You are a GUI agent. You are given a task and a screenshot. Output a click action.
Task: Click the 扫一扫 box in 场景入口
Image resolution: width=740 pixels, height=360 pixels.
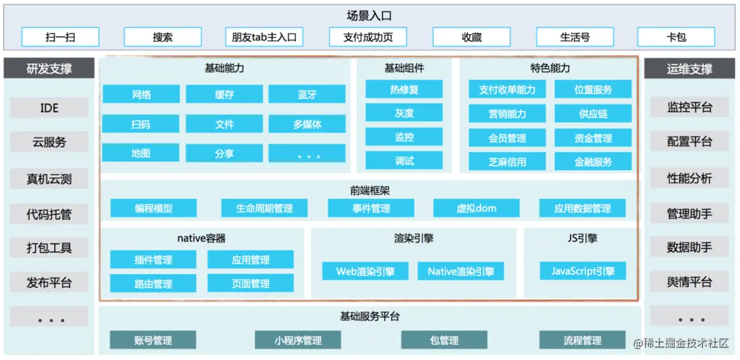60,37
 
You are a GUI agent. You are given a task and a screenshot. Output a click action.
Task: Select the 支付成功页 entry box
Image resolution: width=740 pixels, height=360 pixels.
368,37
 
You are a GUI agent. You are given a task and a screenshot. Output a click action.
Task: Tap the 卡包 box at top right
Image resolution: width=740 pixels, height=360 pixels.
676,37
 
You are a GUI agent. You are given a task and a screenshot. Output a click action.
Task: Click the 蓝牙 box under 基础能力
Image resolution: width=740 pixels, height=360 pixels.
307,94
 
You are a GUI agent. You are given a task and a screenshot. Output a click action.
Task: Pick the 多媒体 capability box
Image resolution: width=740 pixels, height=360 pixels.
307,124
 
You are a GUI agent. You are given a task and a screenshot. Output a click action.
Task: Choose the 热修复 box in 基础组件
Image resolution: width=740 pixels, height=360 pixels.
404,90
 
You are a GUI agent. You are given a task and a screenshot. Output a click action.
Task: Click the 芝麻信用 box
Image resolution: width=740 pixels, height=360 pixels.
507,161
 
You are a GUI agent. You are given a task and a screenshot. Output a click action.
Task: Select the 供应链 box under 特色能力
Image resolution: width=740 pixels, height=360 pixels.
593,113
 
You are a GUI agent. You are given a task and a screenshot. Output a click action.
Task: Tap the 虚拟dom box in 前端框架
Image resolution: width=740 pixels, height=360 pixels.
476,208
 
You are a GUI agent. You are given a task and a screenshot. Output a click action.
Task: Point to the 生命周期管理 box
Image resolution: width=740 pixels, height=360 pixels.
264,208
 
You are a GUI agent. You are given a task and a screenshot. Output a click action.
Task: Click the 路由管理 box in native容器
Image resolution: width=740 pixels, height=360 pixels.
153,284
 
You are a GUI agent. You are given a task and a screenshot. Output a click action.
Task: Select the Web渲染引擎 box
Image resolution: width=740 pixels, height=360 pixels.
365,272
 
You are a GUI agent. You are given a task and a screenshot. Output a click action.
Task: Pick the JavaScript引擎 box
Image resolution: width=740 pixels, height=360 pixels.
582,271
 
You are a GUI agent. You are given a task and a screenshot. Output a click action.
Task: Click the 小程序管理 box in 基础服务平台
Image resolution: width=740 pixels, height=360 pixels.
298,340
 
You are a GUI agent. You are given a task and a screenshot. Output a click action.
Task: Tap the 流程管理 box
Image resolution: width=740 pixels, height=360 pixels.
582,340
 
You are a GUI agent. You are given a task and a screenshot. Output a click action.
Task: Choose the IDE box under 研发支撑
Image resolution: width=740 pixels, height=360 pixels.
50,108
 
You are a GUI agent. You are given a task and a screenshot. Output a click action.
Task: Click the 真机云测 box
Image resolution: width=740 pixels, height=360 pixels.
50,179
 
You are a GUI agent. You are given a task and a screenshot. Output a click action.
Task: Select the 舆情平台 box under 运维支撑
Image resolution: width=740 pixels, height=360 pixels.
689,282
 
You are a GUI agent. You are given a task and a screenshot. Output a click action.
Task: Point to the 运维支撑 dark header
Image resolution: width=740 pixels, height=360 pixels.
689,69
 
